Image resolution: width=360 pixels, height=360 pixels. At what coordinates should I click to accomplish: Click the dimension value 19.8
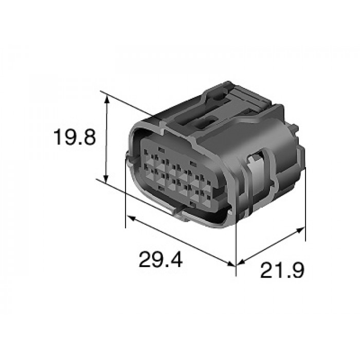click(74, 137)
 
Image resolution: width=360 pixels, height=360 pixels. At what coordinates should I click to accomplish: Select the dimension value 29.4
click(160, 259)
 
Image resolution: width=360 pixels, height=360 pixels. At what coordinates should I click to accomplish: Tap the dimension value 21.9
click(282, 270)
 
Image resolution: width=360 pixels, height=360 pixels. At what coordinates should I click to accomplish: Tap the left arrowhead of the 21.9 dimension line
click(241, 262)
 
